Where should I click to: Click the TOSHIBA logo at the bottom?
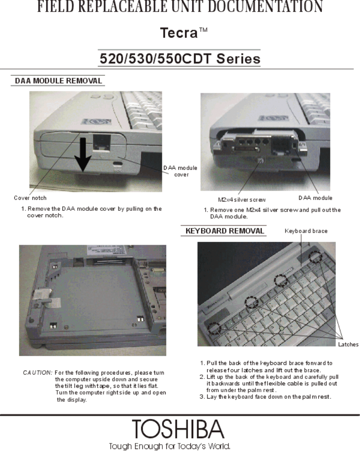[178, 429]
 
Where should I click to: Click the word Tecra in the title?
[178, 33]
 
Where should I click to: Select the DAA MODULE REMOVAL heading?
[58, 80]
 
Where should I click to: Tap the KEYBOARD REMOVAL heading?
[224, 231]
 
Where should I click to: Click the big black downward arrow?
[83, 154]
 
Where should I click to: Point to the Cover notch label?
[30, 198]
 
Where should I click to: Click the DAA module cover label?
[180, 171]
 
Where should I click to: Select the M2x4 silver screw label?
[242, 200]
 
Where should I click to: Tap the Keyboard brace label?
[306, 231]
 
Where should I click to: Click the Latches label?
[348, 344]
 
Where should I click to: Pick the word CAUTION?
[37, 373]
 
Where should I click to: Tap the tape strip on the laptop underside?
[46, 298]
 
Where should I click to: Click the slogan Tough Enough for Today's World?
[170, 446]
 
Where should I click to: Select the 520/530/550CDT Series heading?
[180, 59]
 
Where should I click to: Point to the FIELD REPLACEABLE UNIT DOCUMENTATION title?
[180, 6]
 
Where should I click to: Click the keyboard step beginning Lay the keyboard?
[265, 397]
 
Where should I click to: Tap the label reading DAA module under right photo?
[315, 198]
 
